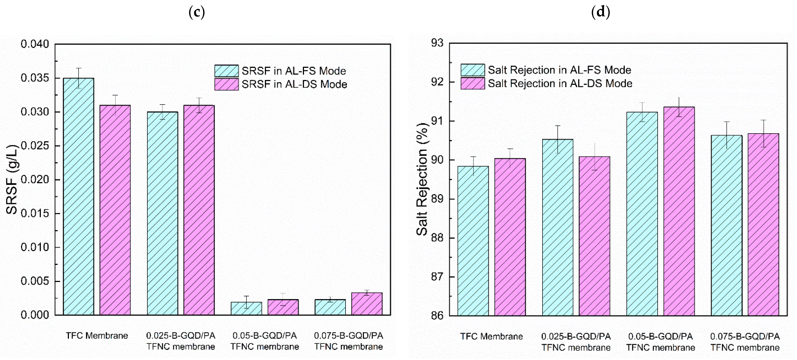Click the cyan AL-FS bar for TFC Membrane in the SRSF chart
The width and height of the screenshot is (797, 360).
click(x=79, y=196)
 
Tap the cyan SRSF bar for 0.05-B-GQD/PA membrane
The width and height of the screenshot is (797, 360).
click(x=246, y=309)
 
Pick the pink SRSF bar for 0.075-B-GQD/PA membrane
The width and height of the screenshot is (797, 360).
click(x=367, y=304)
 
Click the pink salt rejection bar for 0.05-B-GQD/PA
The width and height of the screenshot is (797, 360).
click(x=679, y=211)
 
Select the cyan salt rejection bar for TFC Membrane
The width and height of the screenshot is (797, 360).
click(x=473, y=241)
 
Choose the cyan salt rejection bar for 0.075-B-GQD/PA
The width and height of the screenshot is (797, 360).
click(x=726, y=225)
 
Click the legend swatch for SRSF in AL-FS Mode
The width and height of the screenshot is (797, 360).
click(x=227, y=71)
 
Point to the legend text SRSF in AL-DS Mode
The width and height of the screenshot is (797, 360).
click(x=294, y=84)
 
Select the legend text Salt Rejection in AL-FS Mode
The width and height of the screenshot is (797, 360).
click(x=559, y=70)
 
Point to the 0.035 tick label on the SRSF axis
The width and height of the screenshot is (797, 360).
click(x=35, y=78)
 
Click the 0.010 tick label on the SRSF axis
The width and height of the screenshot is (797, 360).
click(x=35, y=247)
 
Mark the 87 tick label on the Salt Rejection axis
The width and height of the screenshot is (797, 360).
click(x=437, y=277)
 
